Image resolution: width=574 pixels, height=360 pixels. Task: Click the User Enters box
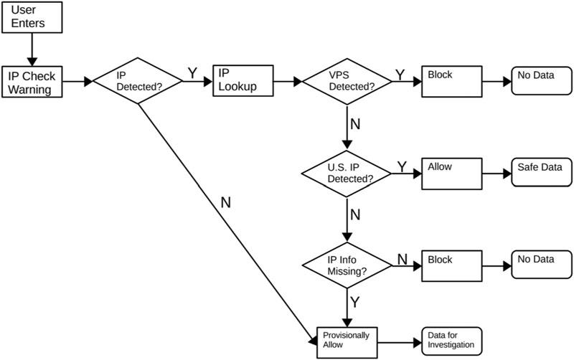(31, 17)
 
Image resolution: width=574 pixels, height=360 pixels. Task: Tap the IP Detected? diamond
(138, 82)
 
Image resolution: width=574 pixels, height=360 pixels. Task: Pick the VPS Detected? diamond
(347, 82)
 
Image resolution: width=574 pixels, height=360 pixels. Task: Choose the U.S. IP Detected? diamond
(347, 172)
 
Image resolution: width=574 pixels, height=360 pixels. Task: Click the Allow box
(451, 173)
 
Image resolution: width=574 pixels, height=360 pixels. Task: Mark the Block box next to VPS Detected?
(451, 82)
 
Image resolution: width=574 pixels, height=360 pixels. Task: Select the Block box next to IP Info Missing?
(451, 265)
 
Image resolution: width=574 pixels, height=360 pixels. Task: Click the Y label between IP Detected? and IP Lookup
(192, 73)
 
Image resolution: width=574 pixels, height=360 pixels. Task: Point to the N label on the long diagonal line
(225, 202)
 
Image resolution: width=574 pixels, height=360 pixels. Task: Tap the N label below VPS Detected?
(354, 124)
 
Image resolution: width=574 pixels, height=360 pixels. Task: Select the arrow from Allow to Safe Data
(496, 173)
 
